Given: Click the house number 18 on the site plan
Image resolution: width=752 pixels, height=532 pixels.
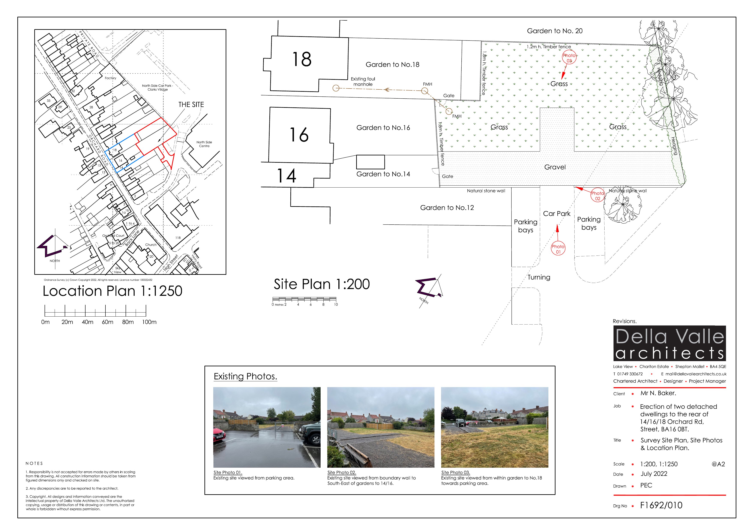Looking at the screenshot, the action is click(302, 59).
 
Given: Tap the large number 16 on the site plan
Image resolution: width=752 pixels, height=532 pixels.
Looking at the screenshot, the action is click(299, 135).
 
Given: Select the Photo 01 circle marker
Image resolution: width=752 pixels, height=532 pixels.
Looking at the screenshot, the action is click(558, 249).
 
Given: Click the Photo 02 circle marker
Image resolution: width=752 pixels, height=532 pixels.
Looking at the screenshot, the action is click(598, 195).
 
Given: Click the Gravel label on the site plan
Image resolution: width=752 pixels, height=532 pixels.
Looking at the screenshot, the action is click(555, 167).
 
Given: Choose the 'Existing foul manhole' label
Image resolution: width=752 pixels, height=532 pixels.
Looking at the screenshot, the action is click(363, 82).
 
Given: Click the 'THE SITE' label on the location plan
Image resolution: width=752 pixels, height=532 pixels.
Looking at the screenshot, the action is click(191, 105).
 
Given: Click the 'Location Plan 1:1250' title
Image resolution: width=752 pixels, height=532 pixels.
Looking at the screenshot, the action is click(112, 291).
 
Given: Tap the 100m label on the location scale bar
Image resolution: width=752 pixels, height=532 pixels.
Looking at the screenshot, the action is click(149, 322).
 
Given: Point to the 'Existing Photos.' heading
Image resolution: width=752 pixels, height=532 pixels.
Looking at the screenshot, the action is click(245, 376).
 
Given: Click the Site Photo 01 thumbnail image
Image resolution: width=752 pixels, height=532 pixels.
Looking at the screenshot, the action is click(267, 427).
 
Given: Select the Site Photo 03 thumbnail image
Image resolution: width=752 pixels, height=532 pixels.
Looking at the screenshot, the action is click(495, 427).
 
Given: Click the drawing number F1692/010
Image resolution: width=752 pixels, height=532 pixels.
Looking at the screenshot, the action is click(661, 505).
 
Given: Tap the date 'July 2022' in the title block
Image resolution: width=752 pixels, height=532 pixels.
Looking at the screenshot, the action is click(654, 474).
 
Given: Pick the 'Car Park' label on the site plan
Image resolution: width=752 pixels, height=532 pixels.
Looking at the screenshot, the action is click(557, 213).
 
